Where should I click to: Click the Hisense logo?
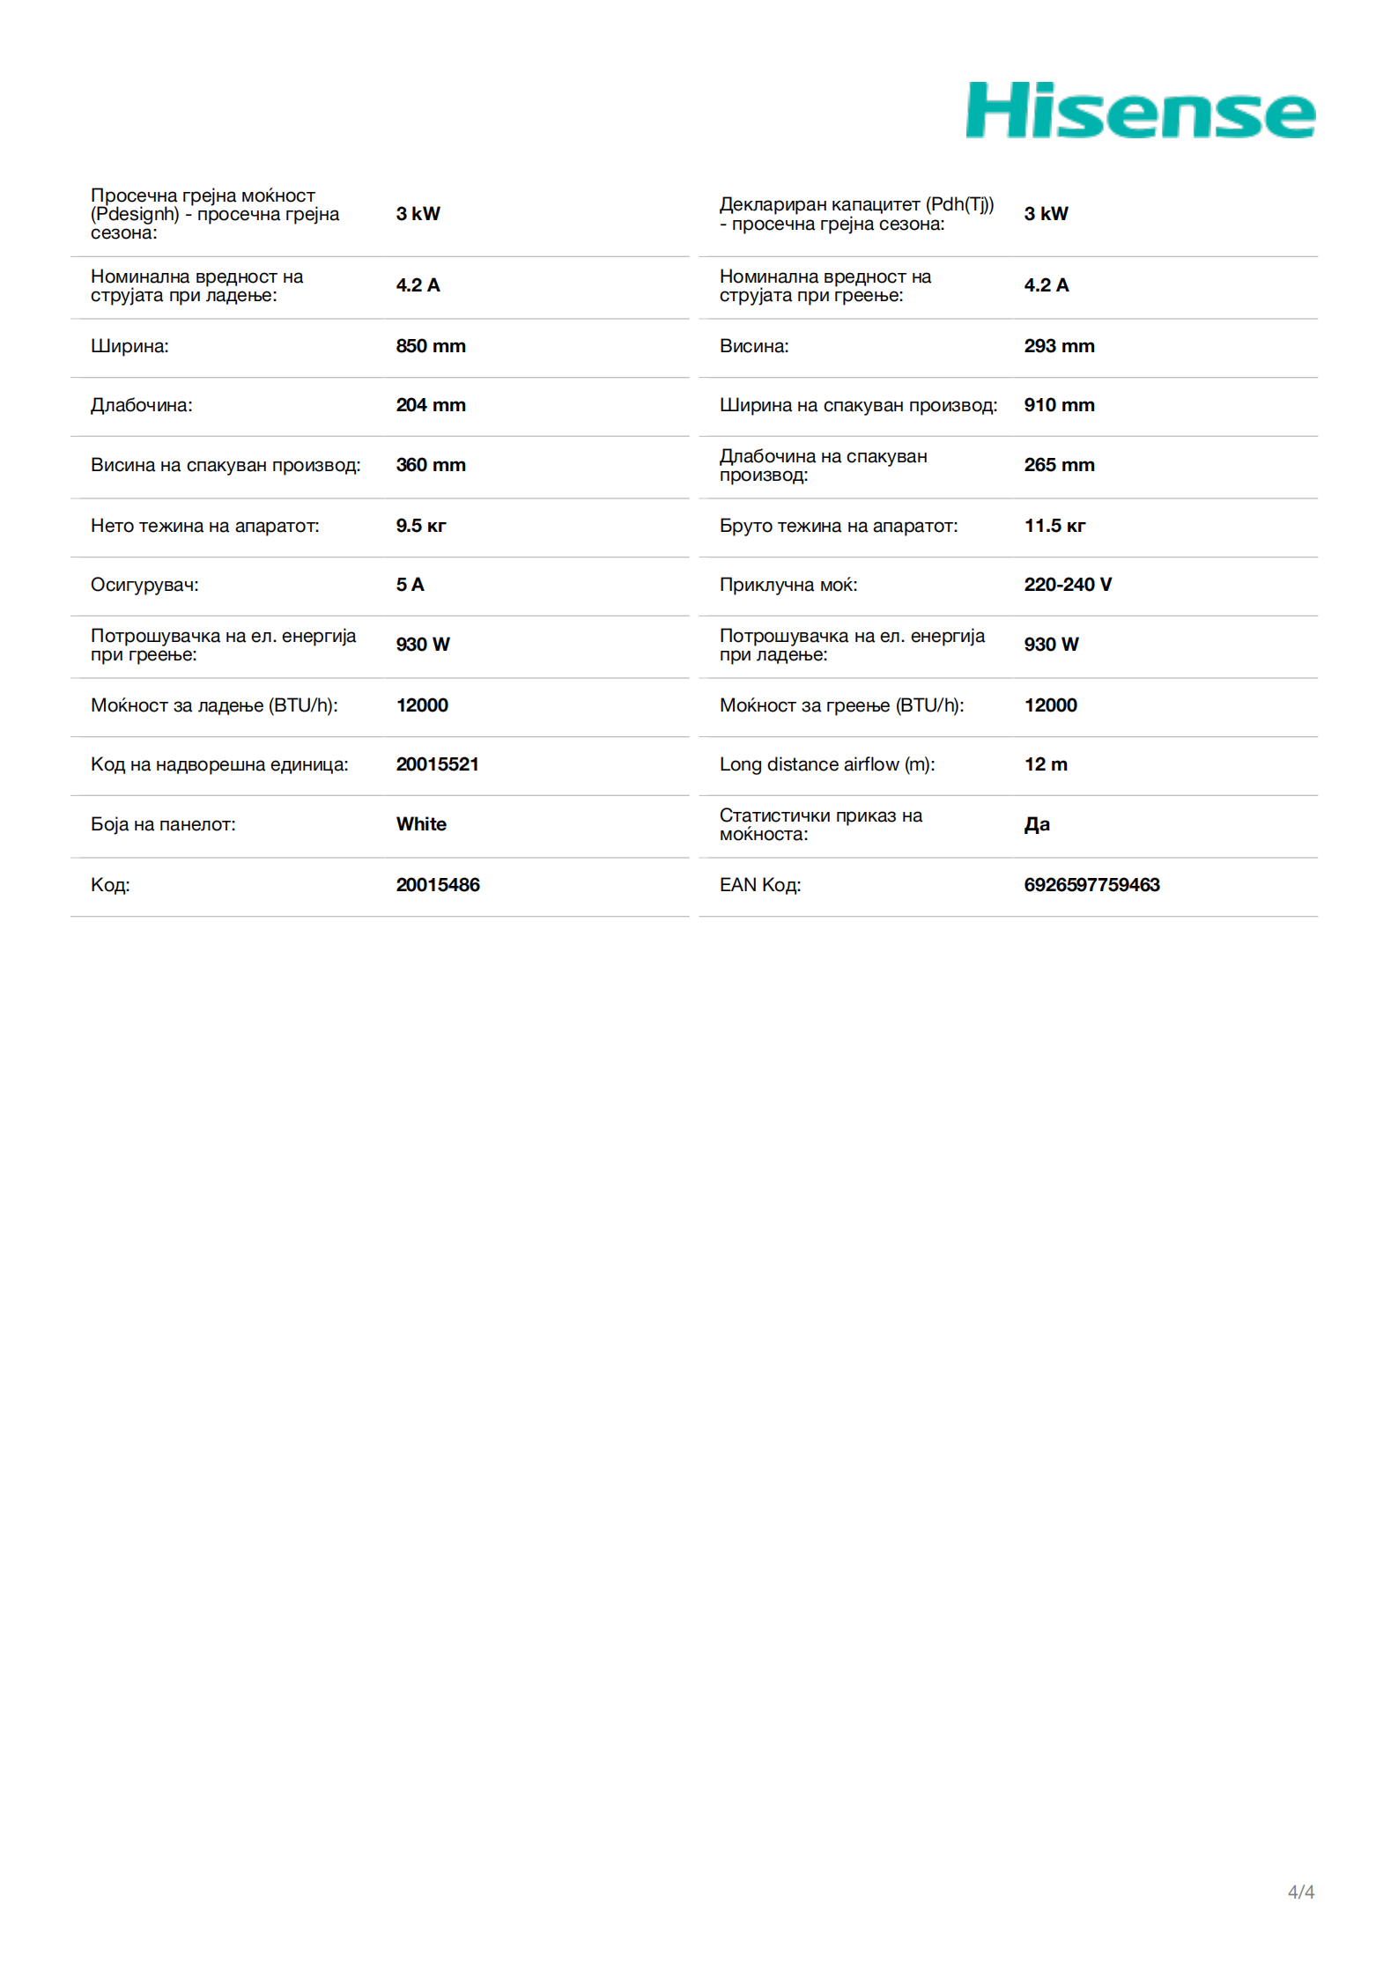[x=1140, y=111]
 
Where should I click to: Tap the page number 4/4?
[x=1300, y=1892]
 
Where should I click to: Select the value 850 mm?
[x=430, y=346]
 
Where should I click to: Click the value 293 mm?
[x=1059, y=346]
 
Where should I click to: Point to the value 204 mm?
[x=430, y=405]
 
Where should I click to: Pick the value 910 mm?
[x=1059, y=405]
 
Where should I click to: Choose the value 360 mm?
[x=430, y=465]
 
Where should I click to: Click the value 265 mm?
[x=1059, y=465]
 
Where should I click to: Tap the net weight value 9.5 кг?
[x=420, y=526]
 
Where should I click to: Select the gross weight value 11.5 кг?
[x=1054, y=526]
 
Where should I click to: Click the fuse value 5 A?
[x=410, y=585]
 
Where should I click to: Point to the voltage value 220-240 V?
[x=1068, y=585]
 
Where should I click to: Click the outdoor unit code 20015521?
[x=437, y=764]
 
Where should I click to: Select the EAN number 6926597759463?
[x=1091, y=885]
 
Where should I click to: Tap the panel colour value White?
[x=421, y=824]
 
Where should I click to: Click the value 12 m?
[x=1046, y=764]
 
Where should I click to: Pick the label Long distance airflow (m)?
[x=826, y=764]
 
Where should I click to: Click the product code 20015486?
[x=438, y=885]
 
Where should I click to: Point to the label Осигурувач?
[x=144, y=585]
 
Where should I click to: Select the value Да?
[x=1037, y=824]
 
